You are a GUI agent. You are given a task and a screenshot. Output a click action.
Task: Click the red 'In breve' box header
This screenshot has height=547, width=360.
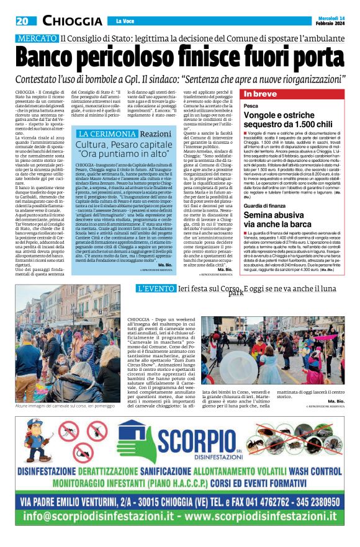coord(260,94)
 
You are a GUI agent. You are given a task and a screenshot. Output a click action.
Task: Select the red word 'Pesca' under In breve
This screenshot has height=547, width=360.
coord(251,107)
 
